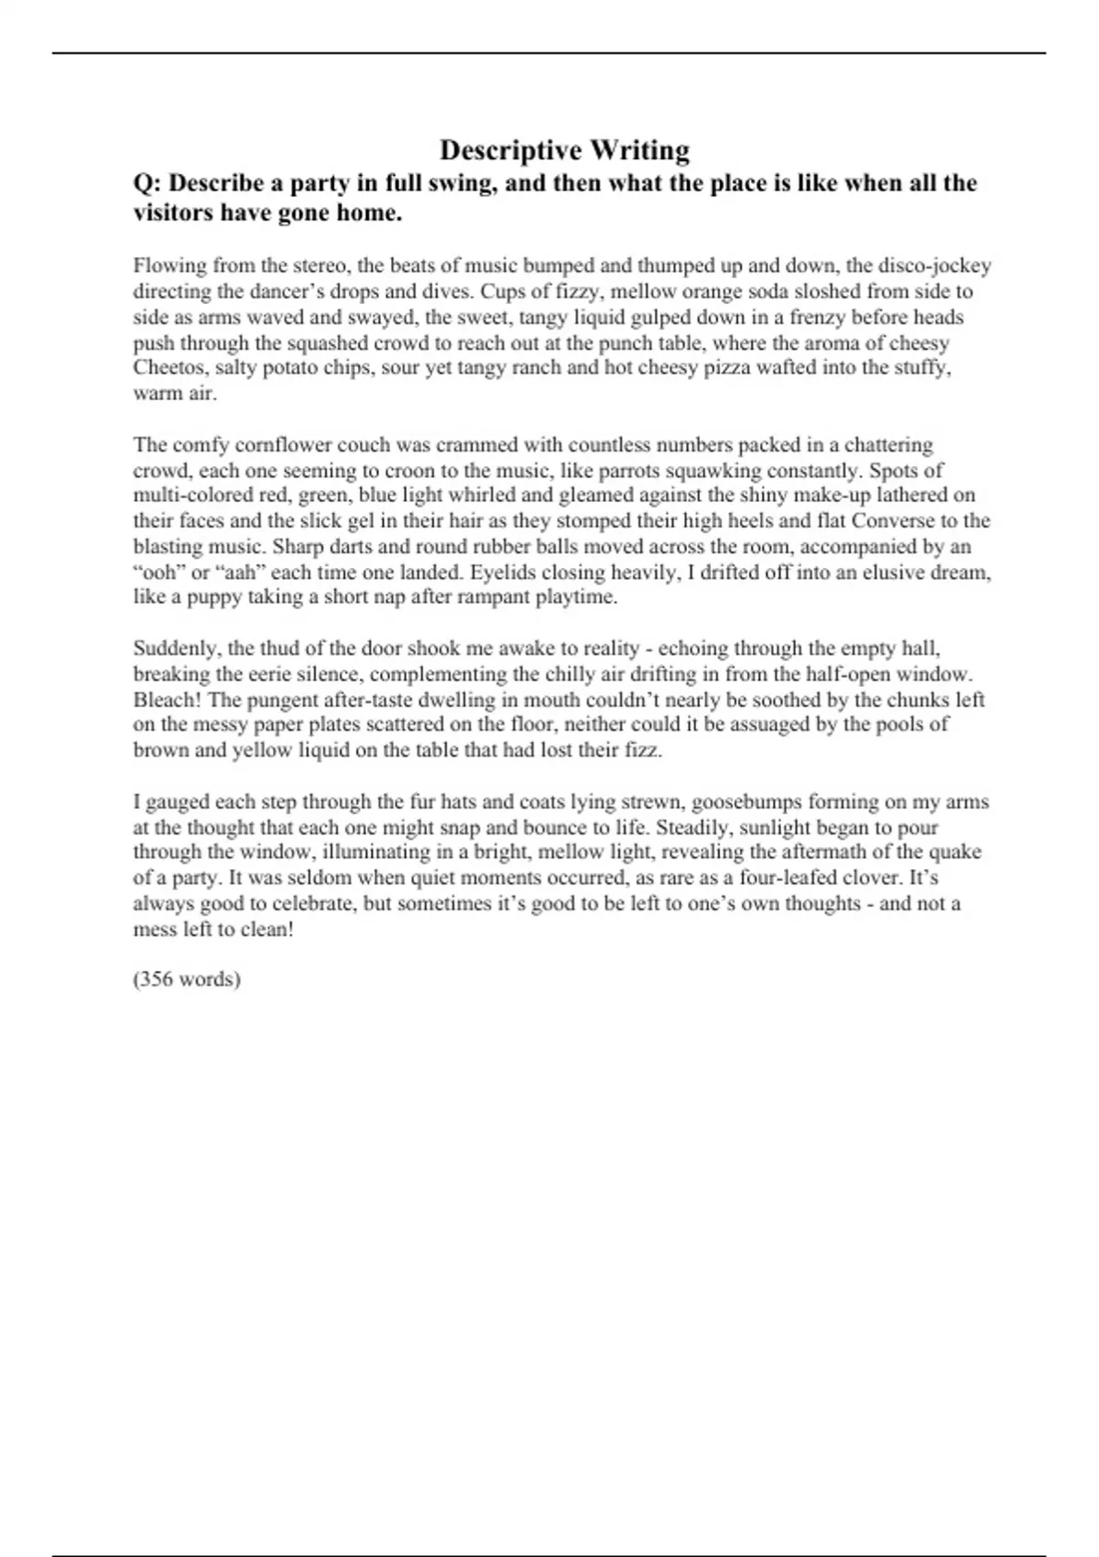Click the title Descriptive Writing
[564, 149]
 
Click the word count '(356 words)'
[187, 979]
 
